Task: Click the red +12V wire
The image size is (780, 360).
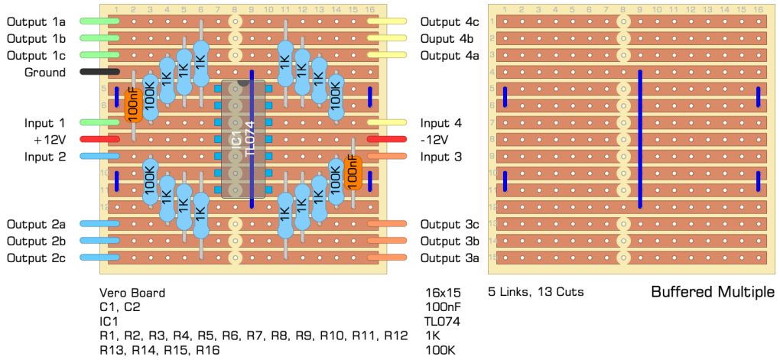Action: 99,139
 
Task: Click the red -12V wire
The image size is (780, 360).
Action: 387,139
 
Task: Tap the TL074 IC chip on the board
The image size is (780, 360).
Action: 243,139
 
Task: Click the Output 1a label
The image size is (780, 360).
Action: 36,21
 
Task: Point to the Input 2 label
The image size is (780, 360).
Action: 35,157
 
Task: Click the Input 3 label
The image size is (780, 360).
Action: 441,157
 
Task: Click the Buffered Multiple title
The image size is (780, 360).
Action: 712,292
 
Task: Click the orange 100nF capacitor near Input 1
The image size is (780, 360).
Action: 132,105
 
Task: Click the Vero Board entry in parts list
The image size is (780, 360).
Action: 132,293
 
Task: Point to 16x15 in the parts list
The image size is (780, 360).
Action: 442,293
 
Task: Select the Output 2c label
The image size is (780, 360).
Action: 36,258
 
